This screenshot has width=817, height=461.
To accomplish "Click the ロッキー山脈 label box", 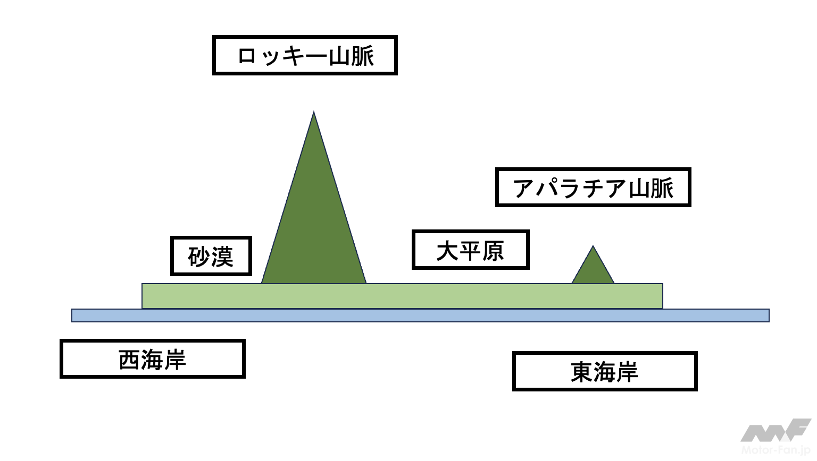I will pyautogui.click(x=305, y=55).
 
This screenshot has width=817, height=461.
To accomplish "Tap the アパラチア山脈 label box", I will pyautogui.click(x=593, y=187).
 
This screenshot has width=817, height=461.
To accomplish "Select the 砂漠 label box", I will pyautogui.click(x=211, y=256).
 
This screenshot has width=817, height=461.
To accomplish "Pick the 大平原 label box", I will pyautogui.click(x=470, y=250).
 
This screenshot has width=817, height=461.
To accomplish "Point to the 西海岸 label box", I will pyautogui.click(x=152, y=359).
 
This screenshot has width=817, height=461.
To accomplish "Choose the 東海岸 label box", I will pyautogui.click(x=605, y=371).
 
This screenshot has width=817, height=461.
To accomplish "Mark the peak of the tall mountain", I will pyautogui.click(x=314, y=113).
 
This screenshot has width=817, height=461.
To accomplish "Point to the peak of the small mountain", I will pyautogui.click(x=593, y=247).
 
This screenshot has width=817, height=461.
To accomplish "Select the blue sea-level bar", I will pyautogui.click(x=420, y=315).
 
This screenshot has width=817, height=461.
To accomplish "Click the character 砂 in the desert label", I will pyautogui.click(x=199, y=257).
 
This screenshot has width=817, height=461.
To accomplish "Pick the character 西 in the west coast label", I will pyautogui.click(x=129, y=360).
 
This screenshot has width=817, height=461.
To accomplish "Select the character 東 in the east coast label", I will pyautogui.click(x=582, y=372).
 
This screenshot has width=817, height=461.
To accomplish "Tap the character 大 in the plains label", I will pyautogui.click(x=447, y=251).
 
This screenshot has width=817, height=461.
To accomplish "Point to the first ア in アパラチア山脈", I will pyautogui.click(x=523, y=189).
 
